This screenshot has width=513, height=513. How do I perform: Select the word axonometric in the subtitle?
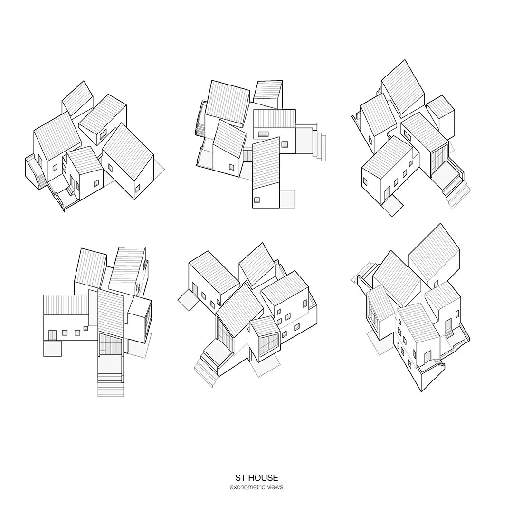[x=247, y=487]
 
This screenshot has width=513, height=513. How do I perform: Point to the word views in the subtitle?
[x=275, y=487]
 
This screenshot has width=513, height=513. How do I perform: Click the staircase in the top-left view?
[x=41, y=180]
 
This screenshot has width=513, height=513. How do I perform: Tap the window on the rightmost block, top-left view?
[x=137, y=189]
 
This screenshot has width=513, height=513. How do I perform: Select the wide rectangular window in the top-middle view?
[x=263, y=134]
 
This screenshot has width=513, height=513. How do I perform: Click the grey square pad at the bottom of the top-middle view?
[x=287, y=198]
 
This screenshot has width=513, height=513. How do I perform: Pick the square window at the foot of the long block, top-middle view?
[x=257, y=199]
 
